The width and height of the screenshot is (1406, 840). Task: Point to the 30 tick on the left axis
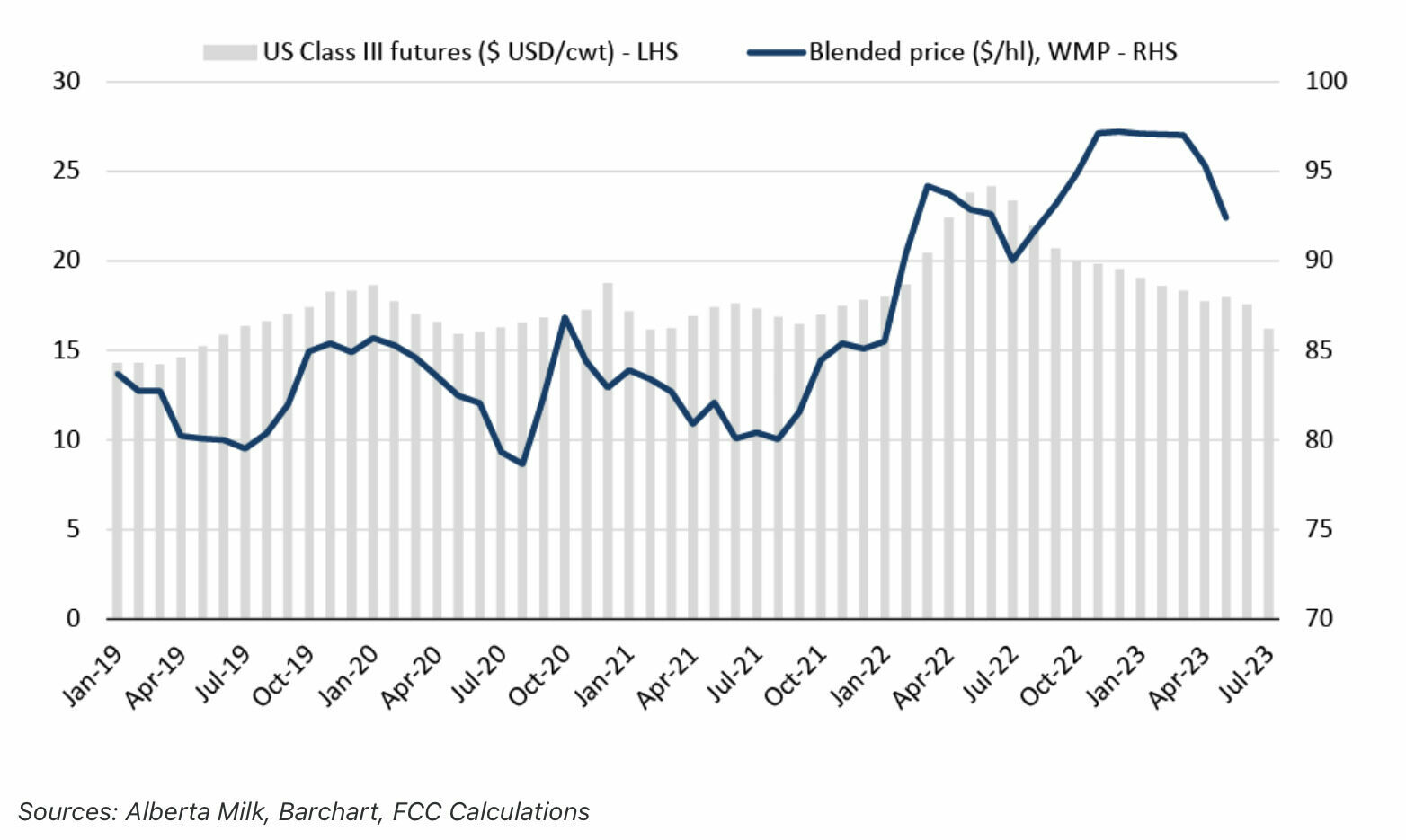67,81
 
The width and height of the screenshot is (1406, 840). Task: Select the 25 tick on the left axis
67,171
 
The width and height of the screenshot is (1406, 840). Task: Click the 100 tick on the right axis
1326,81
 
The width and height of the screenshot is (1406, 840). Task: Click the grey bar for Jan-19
117,491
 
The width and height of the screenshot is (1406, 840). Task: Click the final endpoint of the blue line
1225,217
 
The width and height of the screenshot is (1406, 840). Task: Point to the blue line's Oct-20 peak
564,317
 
